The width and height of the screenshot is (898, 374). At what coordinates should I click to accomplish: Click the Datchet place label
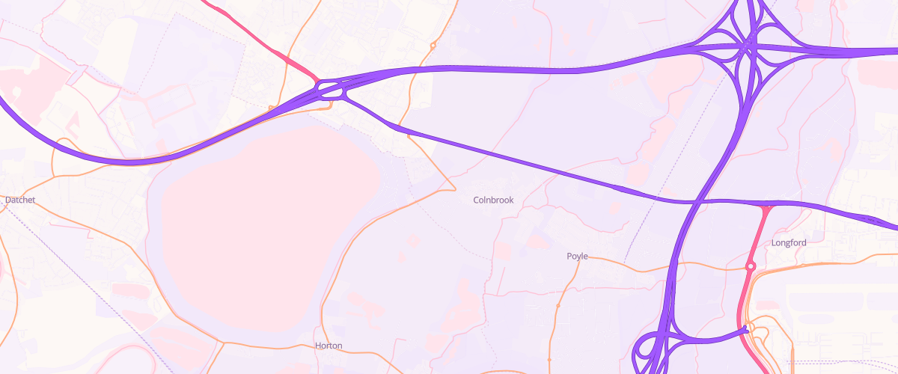tap(20, 200)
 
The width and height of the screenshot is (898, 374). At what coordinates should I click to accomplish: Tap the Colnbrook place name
tap(494, 200)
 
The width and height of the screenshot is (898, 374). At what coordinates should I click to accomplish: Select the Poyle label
tap(577, 257)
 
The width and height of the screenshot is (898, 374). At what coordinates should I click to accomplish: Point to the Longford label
tap(789, 243)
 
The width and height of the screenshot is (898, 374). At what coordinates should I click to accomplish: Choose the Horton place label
tap(329, 346)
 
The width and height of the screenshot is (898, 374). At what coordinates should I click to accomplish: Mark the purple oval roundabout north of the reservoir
tap(331, 91)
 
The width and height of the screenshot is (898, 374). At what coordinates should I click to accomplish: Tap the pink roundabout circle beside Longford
tap(751, 266)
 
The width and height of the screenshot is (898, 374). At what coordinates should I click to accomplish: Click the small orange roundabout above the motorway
tap(433, 46)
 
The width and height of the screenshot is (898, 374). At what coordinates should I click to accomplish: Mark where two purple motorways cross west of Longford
tap(697, 202)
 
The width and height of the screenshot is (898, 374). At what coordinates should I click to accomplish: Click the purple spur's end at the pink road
tap(745, 329)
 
